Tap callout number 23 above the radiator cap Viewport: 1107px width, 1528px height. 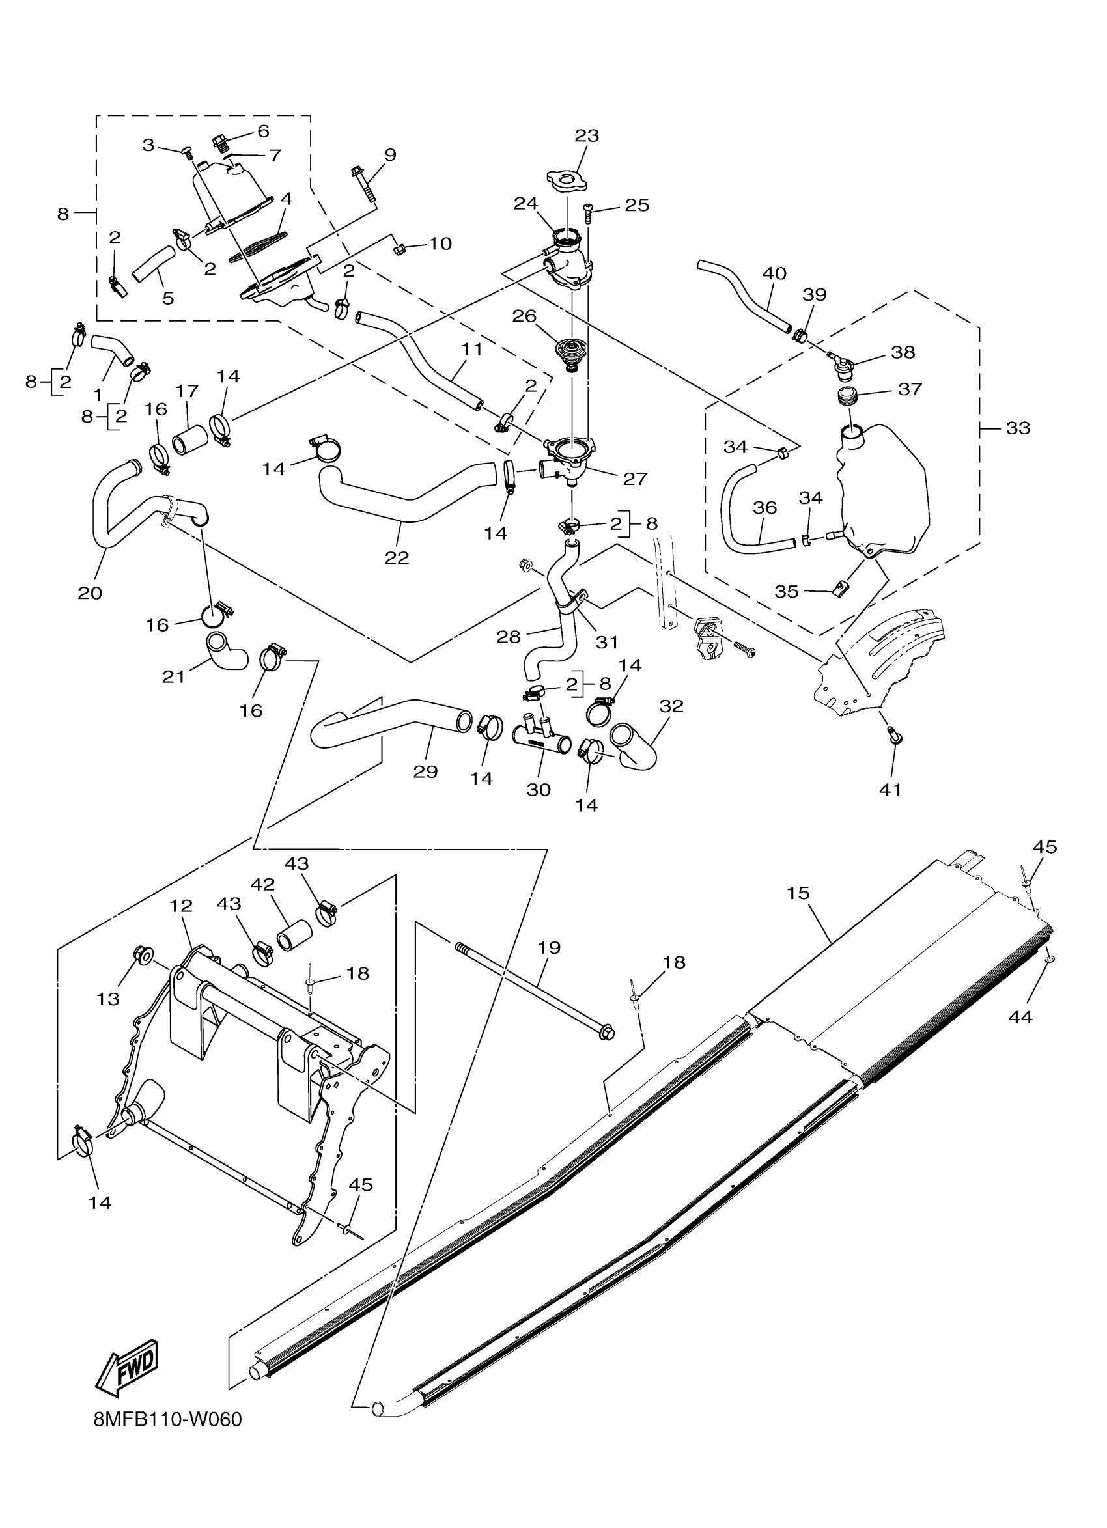pyautogui.click(x=586, y=135)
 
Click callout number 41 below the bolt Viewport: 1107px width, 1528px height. pyautogui.click(x=890, y=789)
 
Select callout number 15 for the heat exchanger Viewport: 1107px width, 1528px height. pyautogui.click(x=798, y=893)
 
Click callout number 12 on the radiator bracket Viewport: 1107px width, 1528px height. pyautogui.click(x=180, y=906)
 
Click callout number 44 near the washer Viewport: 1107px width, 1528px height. pyautogui.click(x=1020, y=1017)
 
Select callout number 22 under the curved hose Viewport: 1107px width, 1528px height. pyautogui.click(x=397, y=558)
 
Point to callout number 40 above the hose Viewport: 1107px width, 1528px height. pyautogui.click(x=774, y=273)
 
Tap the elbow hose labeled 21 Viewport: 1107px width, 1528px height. pyautogui.click(x=226, y=652)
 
